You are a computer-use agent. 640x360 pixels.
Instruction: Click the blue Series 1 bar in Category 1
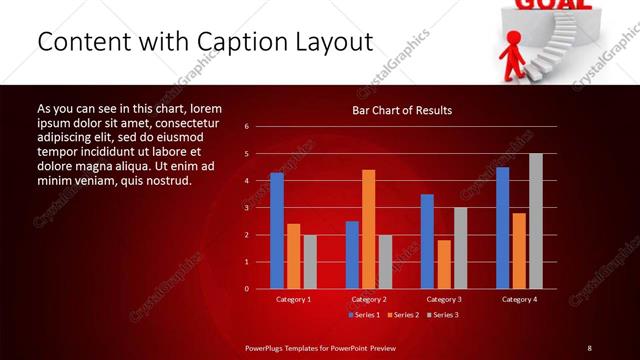click(x=277, y=231)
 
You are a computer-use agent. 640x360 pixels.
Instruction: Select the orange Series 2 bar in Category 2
click(x=368, y=229)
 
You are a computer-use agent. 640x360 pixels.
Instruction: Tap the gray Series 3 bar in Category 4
click(x=535, y=221)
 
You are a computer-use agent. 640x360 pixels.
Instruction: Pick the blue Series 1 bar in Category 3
click(x=427, y=241)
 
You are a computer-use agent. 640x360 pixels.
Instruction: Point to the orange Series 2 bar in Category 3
click(x=443, y=264)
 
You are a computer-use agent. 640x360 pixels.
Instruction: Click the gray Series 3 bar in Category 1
click(x=310, y=262)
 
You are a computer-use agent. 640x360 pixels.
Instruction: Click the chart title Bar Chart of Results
click(x=402, y=110)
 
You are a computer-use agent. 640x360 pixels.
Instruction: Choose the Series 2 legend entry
click(x=399, y=315)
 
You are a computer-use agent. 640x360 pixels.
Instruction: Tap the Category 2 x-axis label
click(x=368, y=299)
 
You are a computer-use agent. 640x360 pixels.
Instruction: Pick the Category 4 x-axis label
click(x=518, y=299)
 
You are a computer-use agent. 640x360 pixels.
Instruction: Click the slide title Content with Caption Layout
click(x=204, y=42)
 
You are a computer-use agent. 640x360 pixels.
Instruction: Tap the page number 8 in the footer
click(x=590, y=347)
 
